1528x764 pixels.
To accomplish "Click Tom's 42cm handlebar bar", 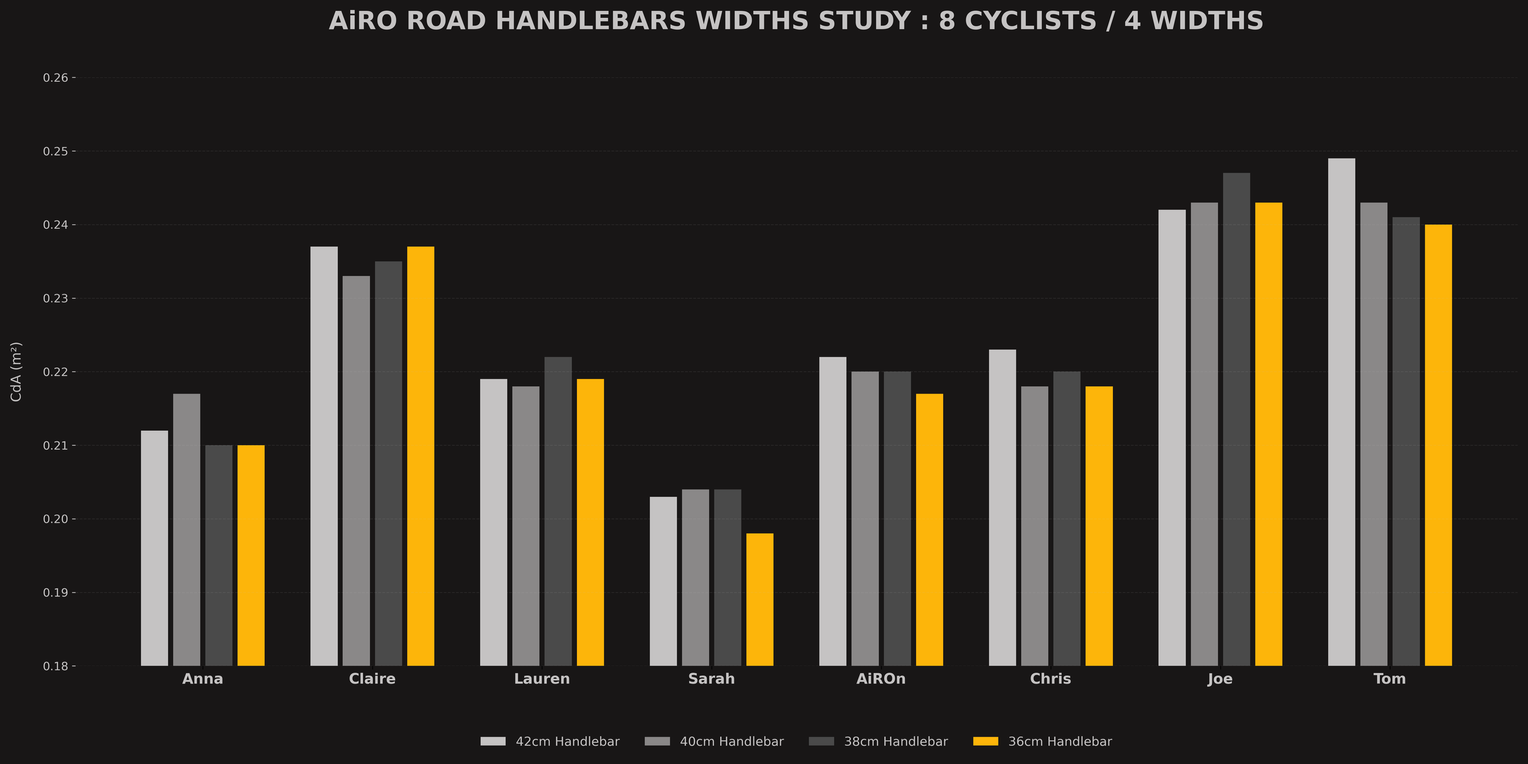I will point(1342,412).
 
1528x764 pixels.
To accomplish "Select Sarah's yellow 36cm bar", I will point(760,600).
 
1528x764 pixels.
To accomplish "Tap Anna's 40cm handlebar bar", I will point(186,530).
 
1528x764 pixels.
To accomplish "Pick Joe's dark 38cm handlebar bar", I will point(1236,419).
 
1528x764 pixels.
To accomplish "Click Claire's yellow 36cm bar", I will point(421,456).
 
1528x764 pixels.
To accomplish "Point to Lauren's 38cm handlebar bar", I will point(558,512).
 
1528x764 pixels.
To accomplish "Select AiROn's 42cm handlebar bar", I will point(832,512).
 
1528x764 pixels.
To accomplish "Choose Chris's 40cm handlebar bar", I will point(1034,526).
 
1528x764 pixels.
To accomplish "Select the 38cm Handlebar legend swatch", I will point(821,741).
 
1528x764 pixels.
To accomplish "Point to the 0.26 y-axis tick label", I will point(55,78).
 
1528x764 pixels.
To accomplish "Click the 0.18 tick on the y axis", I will point(55,666).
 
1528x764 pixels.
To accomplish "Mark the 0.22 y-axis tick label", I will point(55,372).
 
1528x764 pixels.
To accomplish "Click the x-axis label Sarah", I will point(711,679).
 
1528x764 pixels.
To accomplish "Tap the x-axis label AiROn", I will point(881,679).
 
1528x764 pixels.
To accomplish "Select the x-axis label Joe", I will point(1220,679).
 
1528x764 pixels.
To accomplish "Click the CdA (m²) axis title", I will point(17,372).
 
